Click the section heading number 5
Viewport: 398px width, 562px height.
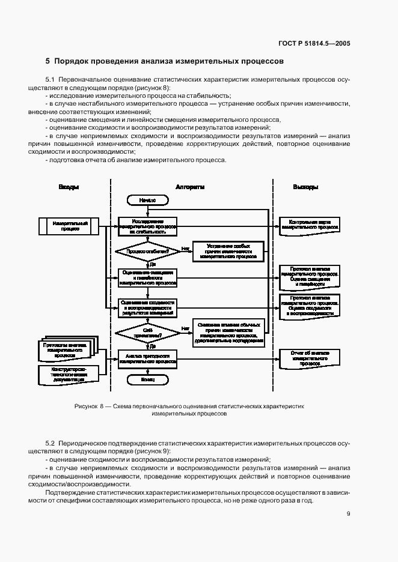point(48,61)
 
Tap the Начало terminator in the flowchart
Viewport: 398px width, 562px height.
point(147,199)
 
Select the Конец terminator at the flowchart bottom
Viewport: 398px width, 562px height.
point(147,379)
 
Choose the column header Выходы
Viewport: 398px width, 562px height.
point(305,187)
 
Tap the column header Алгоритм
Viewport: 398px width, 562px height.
point(189,187)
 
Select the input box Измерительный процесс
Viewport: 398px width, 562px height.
point(70,226)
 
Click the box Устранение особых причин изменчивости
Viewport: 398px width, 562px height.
point(228,251)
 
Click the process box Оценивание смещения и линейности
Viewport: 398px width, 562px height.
point(147,277)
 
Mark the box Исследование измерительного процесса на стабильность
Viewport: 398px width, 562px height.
point(147,226)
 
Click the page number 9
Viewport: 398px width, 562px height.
point(349,513)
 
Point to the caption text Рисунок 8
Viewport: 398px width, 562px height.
point(90,406)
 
